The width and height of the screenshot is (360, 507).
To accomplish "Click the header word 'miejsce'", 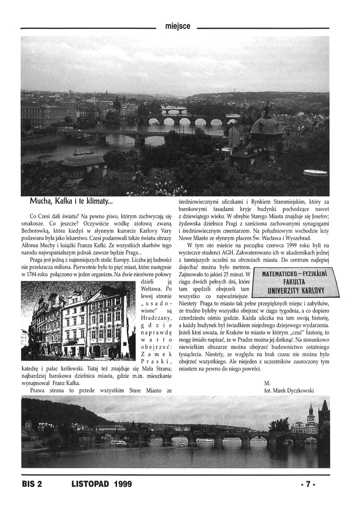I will tap(177, 26).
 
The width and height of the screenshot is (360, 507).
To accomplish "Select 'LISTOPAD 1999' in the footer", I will tap(102, 484).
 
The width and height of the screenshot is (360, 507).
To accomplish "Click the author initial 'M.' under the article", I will tap(266, 383).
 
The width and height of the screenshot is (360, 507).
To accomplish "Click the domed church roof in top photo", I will tap(266, 125).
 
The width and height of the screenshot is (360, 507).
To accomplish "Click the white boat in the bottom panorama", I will tap(118, 443).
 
